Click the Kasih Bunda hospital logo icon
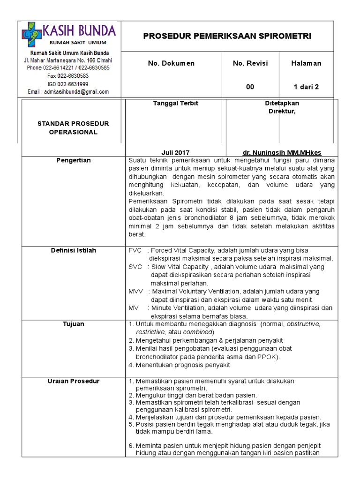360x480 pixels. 31,35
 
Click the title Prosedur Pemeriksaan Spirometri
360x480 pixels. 227,36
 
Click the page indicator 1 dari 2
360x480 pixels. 306,87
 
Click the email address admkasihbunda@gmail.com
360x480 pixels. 68,92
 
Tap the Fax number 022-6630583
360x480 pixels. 68,76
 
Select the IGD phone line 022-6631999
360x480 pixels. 68,84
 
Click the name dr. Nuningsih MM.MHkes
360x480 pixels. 282,153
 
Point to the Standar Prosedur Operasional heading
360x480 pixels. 73,128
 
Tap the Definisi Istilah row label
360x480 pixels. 73,250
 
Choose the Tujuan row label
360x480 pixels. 73,324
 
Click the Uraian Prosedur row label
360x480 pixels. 73,381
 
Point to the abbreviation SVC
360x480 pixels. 135,267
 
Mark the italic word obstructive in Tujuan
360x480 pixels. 303,324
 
